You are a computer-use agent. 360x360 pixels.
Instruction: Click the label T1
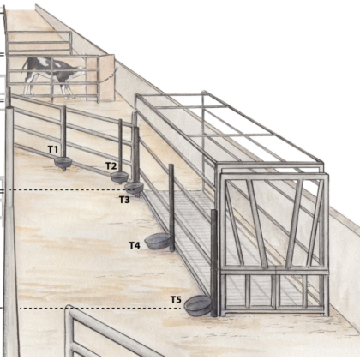click(x=53, y=149)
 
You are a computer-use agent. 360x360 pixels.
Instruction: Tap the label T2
click(x=111, y=165)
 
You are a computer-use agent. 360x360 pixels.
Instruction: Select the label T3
click(x=124, y=200)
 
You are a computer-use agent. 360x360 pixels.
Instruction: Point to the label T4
click(x=135, y=245)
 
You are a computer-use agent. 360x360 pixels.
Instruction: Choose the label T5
click(x=176, y=300)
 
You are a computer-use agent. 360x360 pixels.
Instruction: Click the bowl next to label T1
click(x=63, y=163)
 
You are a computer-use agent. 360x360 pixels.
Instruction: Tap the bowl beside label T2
click(x=120, y=177)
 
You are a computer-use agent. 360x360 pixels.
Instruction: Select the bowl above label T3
click(x=134, y=188)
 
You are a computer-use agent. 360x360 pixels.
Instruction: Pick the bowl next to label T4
click(x=158, y=241)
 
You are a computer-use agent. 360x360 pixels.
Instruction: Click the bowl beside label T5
click(x=198, y=305)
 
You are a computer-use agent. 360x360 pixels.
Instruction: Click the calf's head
click(x=80, y=69)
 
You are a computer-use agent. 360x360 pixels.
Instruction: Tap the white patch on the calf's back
click(x=42, y=61)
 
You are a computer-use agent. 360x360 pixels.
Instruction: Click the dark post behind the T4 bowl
click(x=171, y=207)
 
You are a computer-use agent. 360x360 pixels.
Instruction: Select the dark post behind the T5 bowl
click(x=213, y=263)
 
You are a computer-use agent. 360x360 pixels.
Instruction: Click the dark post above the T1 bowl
click(x=64, y=132)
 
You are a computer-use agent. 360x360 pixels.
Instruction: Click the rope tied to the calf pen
click(x=108, y=75)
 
